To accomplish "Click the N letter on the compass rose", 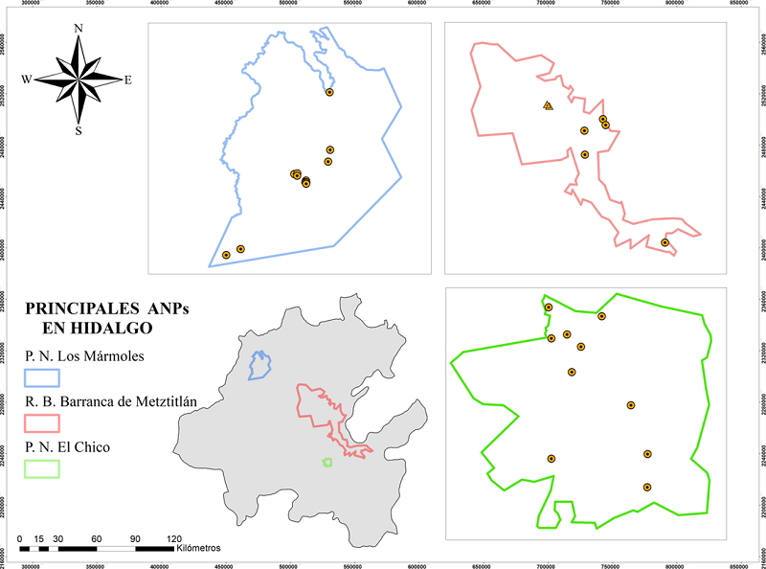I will coord(78,29).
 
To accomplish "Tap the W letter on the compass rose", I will coord(27,79).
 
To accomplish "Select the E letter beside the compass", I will coord(128,80).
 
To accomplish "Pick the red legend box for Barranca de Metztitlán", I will coord(42,421).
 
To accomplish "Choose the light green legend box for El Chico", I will coord(42,467).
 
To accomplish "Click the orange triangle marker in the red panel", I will coord(547,105).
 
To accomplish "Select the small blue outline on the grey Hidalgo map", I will coord(259,364).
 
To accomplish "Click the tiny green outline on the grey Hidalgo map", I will coord(327,462).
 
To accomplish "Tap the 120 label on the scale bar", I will coord(174,537).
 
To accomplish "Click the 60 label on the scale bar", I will coord(97,537).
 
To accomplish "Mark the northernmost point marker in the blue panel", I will coord(329,92).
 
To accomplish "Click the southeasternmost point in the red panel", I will coord(665,242).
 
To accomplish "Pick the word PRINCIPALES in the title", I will coord(79,309).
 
